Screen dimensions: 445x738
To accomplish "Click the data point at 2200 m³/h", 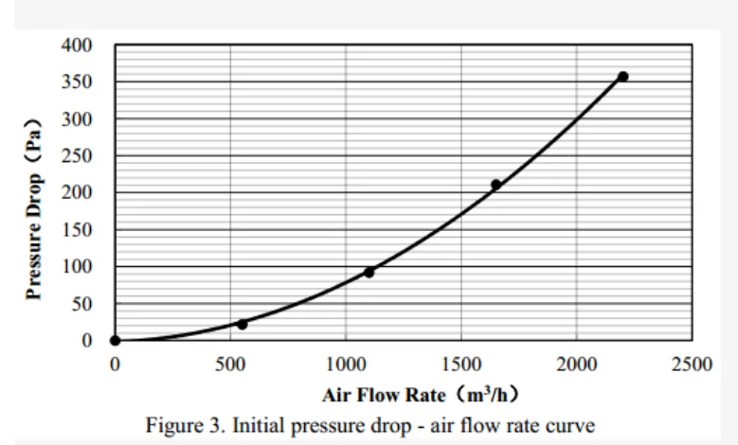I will coord(622,77).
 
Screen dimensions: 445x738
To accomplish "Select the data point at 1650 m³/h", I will coord(495,185).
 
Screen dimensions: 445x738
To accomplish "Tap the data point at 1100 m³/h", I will coord(369,273).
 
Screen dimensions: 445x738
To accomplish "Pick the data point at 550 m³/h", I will coord(242,324).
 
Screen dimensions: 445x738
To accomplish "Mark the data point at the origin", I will coord(115,341).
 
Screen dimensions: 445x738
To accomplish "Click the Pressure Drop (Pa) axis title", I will coord(35,207).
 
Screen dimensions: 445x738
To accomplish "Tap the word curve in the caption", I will coord(572,425).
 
